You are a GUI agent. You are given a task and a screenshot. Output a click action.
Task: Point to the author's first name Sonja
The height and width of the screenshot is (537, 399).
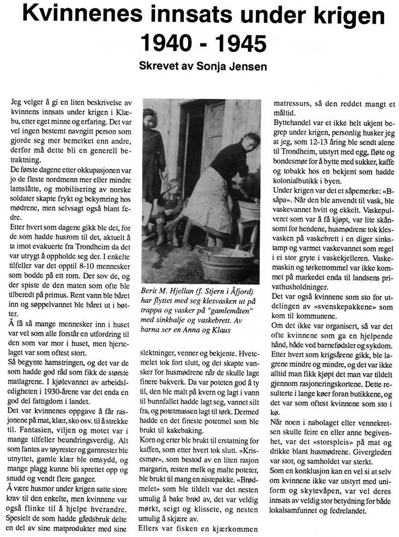(x=211, y=66)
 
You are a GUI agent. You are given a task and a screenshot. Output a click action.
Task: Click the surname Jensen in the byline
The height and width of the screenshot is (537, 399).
(x=249, y=66)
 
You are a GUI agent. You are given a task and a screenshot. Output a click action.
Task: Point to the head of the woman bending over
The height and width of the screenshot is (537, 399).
(x=250, y=143)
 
